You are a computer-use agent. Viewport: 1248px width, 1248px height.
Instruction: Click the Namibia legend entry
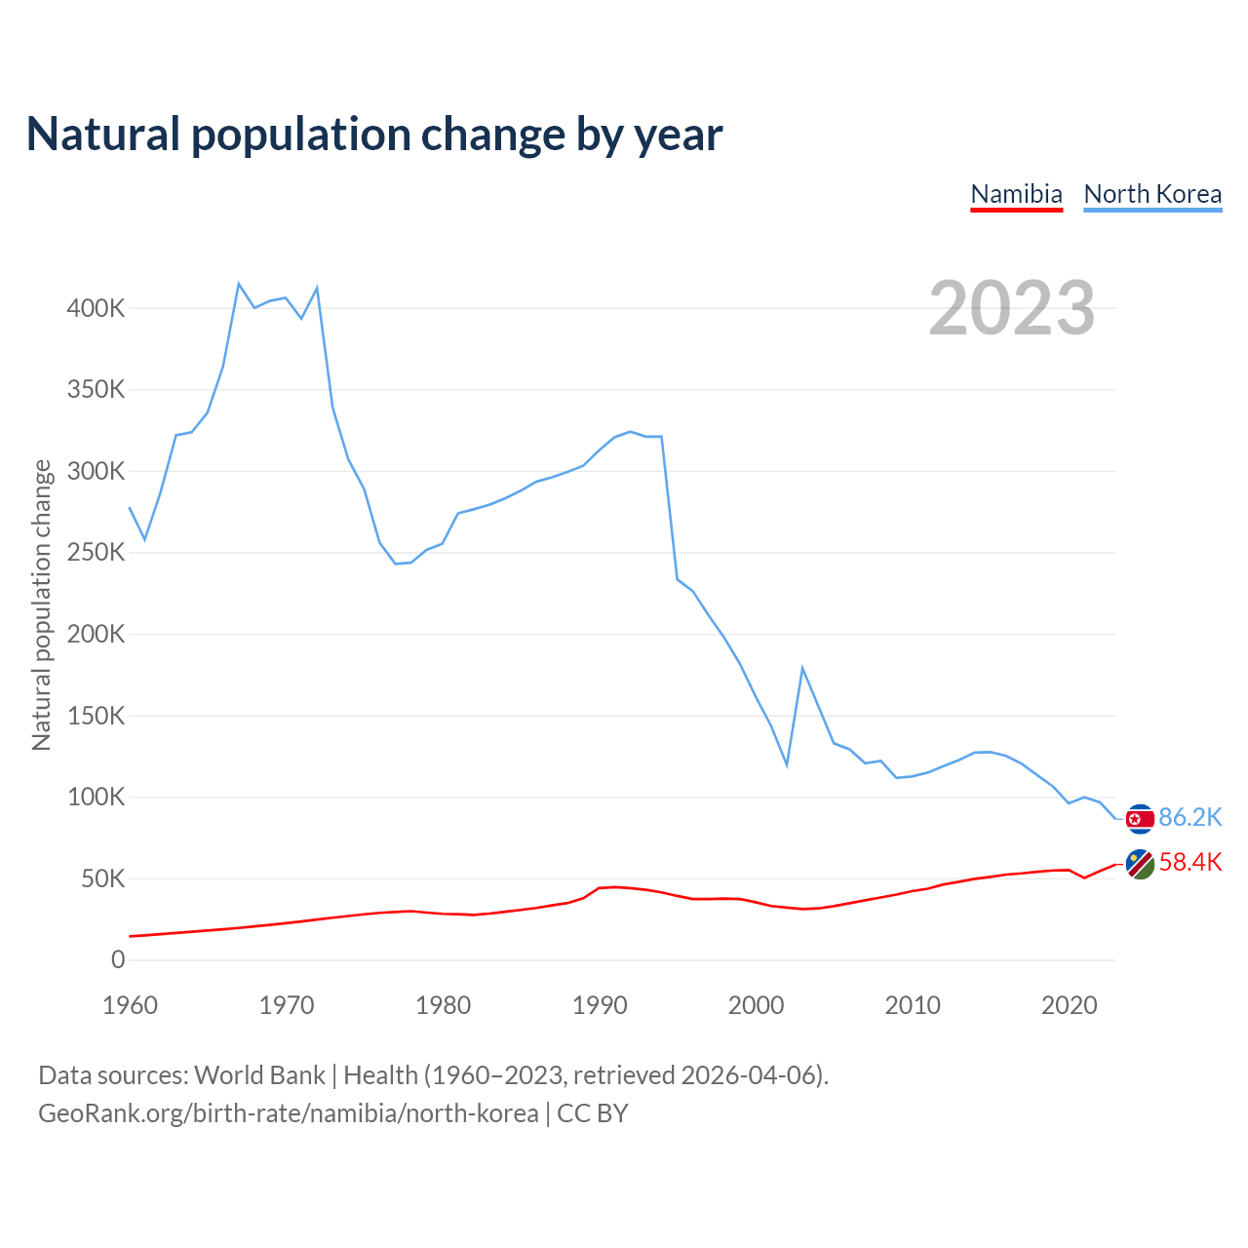pos(1016,194)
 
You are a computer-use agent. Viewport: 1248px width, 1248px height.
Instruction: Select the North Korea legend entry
pos(1152,194)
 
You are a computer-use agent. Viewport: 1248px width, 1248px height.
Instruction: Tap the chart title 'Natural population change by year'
pos(374,134)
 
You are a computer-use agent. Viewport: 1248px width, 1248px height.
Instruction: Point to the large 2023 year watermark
pos(1011,308)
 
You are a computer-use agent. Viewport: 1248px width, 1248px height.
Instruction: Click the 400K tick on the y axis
pos(96,308)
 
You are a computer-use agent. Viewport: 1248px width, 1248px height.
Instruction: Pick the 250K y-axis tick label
pos(96,553)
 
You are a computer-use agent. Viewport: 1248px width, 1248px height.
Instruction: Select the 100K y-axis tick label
pos(96,798)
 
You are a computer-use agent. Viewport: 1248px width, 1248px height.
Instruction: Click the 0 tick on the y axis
pos(118,960)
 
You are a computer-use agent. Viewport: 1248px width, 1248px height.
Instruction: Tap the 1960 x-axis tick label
pos(130,1005)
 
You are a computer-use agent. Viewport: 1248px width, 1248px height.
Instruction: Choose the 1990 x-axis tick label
pos(600,1005)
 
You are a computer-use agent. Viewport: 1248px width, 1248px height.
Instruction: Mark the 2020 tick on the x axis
pos(1070,1005)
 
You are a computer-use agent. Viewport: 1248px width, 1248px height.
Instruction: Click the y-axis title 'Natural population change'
pos(41,604)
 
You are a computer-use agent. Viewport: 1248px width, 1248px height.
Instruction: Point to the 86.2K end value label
pos(1189,817)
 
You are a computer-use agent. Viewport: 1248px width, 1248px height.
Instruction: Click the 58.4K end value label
pos(1189,862)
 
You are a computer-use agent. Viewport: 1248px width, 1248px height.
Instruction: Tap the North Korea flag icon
pos(1140,819)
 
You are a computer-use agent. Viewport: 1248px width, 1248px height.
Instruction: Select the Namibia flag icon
pos(1140,864)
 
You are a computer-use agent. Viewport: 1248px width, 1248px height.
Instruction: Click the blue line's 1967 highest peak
pos(239,284)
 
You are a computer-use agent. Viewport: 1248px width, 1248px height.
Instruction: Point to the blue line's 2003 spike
pos(802,668)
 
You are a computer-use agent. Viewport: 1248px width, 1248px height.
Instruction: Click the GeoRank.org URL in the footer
pos(288,1112)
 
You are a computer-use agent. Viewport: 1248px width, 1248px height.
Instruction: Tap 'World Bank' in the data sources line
pos(259,1075)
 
